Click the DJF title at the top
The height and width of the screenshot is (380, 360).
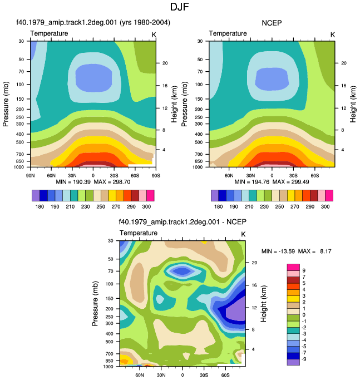pyautogui.click(x=179, y=7)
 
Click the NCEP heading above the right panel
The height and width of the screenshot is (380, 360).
pyautogui.click(x=272, y=23)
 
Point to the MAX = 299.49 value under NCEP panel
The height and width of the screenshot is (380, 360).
pyautogui.click(x=290, y=182)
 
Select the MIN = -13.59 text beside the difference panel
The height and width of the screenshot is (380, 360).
pyautogui.click(x=278, y=251)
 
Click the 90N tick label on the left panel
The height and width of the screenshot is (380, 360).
pyautogui.click(x=30, y=175)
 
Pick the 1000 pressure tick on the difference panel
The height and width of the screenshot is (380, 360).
pyautogui.click(x=108, y=367)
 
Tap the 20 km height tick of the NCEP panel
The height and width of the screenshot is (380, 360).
pyautogui.click(x=344, y=63)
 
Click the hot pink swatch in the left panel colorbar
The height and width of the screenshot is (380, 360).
pyautogui.click(x=150, y=196)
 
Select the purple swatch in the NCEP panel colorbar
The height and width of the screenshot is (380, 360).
pyautogui.click(x=215, y=196)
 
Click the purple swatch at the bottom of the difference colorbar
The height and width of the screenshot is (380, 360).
pyautogui.click(x=293, y=362)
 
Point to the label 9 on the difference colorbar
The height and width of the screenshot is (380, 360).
pyautogui.click(x=304, y=270)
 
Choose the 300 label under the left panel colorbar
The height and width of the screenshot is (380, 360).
pyautogui.click(x=146, y=207)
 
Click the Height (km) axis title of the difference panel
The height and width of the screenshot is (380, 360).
pyautogui.click(x=264, y=303)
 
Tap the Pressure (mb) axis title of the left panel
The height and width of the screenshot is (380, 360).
pyautogui.click(x=6, y=104)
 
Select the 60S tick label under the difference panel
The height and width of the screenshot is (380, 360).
pyautogui.click(x=225, y=375)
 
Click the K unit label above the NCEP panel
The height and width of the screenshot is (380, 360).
pyautogui.click(x=332, y=35)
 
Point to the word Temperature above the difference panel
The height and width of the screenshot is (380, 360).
pyautogui.click(x=139, y=233)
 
